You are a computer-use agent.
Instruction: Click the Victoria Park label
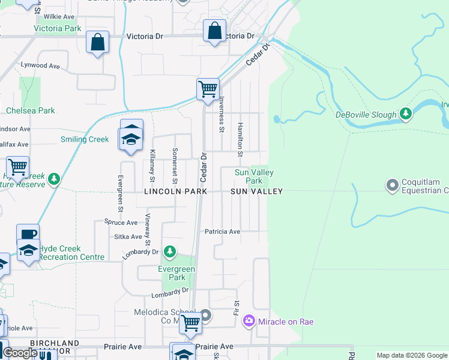coord(57,28)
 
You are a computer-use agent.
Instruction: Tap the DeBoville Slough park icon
coord(406,113)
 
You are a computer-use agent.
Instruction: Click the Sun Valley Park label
coord(254,176)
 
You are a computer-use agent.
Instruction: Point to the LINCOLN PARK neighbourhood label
coord(175,191)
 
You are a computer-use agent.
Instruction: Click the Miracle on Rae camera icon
coord(249,322)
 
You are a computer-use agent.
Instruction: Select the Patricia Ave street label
coord(222,232)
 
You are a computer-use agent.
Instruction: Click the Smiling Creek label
coord(85,139)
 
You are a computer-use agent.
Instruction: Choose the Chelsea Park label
coord(31,110)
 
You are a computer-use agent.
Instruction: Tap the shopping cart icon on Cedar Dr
coord(208,89)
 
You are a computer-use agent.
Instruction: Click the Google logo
coord(20,353)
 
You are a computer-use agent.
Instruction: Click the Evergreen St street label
coord(120,193)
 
